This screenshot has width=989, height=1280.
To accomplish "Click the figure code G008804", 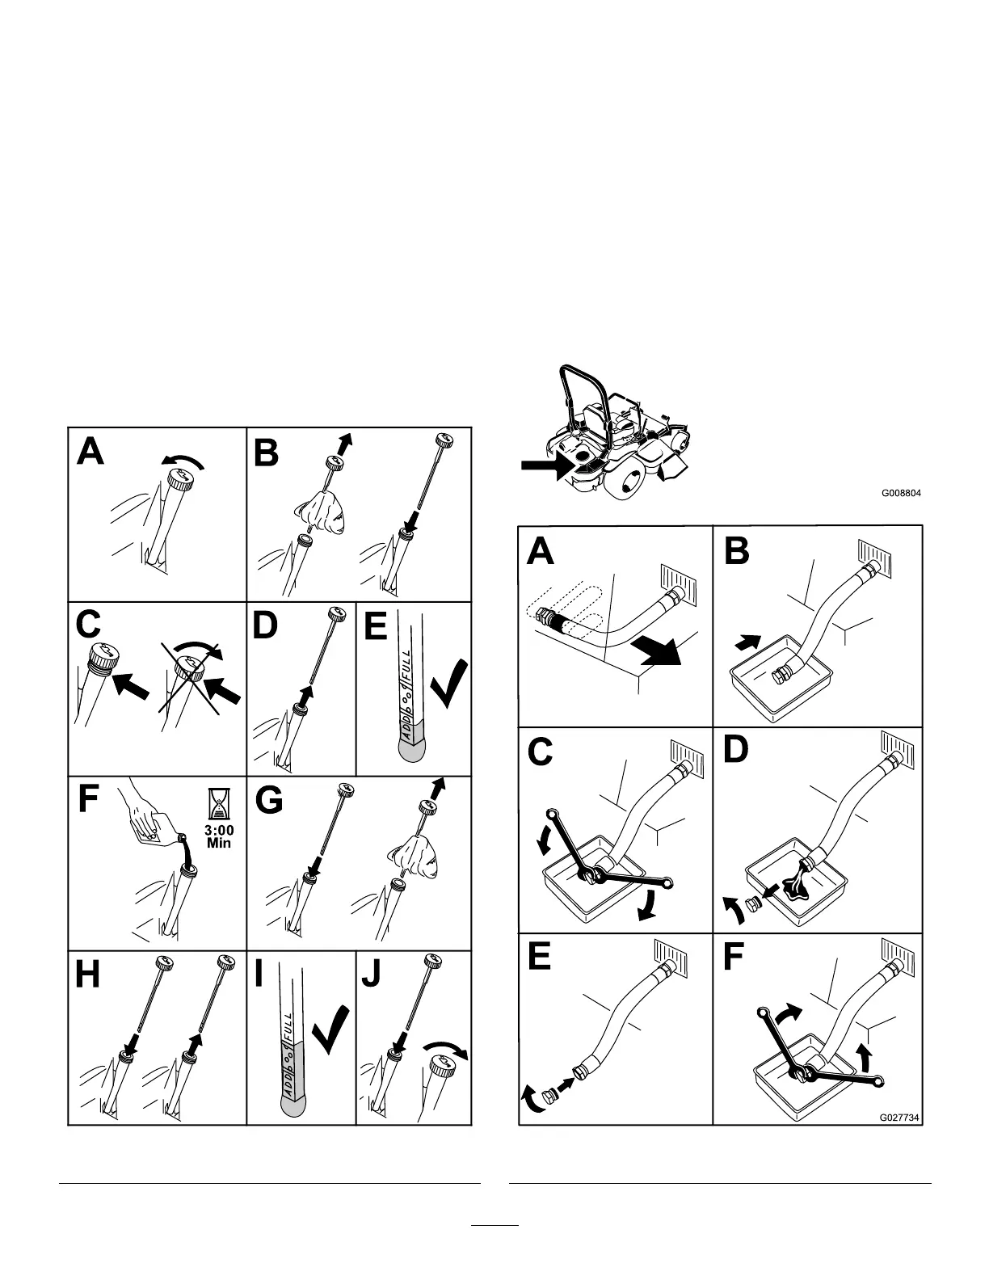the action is click(901, 493).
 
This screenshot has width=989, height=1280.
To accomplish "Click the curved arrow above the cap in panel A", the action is click(184, 461).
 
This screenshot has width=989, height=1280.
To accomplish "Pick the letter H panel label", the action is click(89, 975).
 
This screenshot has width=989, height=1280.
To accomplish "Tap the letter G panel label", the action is click(269, 801).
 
